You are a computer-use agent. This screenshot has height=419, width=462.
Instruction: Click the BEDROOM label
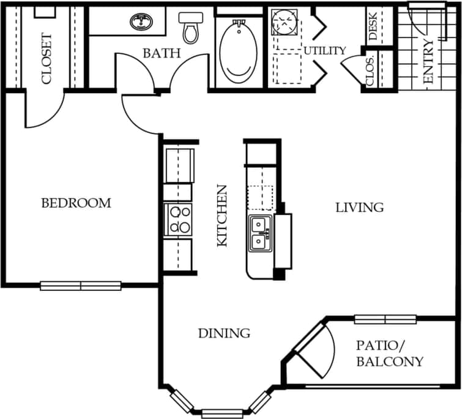coord(76,203)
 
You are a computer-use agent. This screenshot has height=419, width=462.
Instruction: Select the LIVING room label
coord(359,208)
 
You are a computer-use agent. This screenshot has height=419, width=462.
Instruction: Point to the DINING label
coord(224,333)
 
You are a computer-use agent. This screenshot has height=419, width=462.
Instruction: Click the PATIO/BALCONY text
coord(390,353)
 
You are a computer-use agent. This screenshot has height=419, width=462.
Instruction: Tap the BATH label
coord(162,53)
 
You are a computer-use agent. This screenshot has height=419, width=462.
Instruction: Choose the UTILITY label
coord(325,50)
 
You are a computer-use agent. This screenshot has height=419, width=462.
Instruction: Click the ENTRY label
coord(428,61)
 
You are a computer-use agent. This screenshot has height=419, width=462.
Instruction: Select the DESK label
coord(373,26)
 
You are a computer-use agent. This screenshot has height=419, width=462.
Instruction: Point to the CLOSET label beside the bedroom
coord(47,58)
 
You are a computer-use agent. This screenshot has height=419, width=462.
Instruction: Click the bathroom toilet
coord(190,27)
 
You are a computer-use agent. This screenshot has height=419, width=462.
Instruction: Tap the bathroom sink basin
coord(143,23)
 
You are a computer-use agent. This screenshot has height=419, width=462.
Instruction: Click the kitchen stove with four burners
coord(179,220)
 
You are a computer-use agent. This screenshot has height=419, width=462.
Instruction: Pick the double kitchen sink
coord(260,233)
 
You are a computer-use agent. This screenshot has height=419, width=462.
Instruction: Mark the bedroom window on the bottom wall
coord(80,285)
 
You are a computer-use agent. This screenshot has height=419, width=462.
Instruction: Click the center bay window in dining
coord(222,413)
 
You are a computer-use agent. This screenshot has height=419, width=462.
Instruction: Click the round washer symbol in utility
coord(283,22)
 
